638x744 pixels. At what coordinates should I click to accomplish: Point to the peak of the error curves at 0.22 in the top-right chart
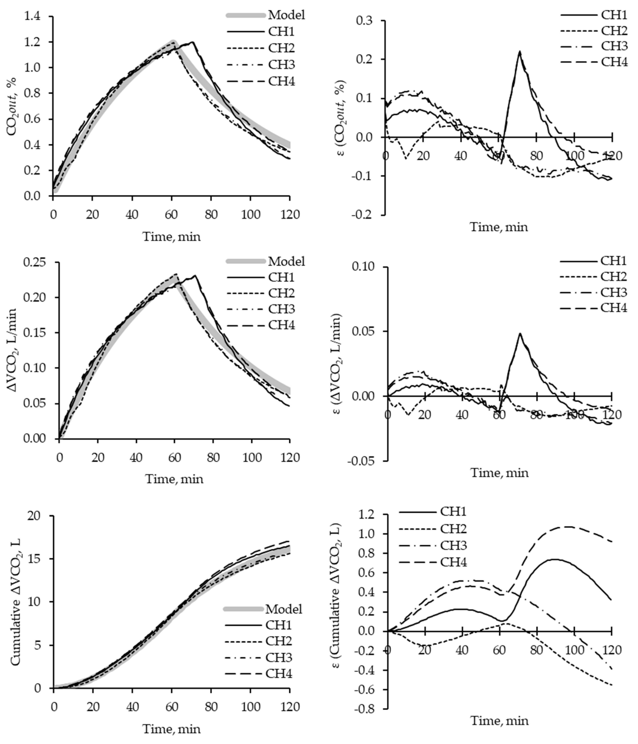point(519,51)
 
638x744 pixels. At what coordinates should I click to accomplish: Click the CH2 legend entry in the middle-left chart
point(281,293)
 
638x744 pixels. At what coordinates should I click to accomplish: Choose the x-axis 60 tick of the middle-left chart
point(174,458)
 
